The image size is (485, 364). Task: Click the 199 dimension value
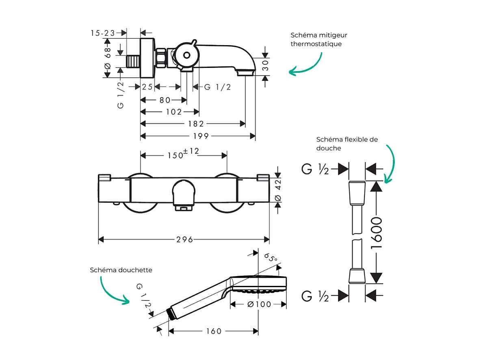point(201,136)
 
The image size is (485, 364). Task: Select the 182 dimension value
point(195,124)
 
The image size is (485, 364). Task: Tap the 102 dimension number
point(174,112)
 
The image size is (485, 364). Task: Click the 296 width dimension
point(185,240)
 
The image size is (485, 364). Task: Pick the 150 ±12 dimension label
point(182,155)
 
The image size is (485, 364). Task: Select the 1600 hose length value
point(377,233)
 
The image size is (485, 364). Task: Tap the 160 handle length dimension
point(214,331)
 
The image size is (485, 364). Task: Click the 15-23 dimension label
point(103,33)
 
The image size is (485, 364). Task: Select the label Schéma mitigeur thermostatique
point(319,39)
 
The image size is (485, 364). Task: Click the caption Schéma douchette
point(121,270)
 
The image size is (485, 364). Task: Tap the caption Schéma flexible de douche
point(347,144)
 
